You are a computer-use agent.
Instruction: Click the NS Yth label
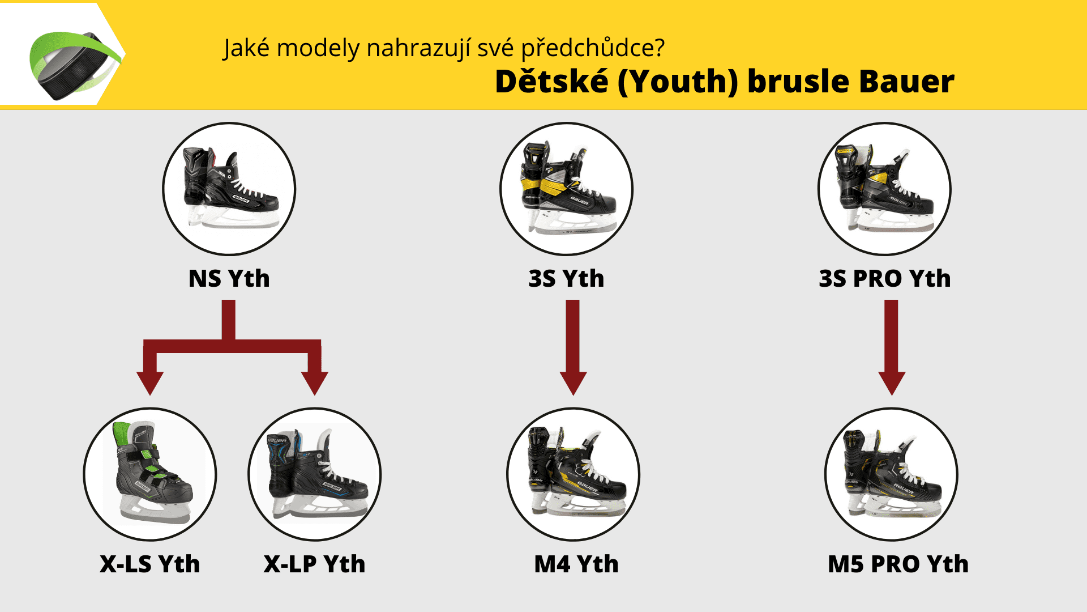[229, 279]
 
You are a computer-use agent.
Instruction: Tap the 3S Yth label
[566, 279]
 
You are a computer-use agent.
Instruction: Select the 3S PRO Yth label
[885, 279]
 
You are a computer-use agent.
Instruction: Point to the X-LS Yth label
[150, 564]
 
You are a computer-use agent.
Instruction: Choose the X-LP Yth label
[315, 564]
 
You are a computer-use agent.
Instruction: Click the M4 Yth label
[576, 564]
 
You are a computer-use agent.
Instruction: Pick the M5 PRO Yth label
[898, 564]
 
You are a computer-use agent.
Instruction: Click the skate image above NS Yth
[229, 189]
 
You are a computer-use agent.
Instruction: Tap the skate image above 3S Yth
[567, 189]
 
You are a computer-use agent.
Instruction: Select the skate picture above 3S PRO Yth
[885, 189]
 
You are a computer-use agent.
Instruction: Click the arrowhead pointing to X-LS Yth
[150, 383]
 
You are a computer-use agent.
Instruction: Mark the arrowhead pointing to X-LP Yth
[315, 383]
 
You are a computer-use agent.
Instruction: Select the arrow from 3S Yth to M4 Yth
[573, 347]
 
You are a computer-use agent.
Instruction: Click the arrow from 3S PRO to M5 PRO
[892, 347]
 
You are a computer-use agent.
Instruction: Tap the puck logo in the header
[74, 65]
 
